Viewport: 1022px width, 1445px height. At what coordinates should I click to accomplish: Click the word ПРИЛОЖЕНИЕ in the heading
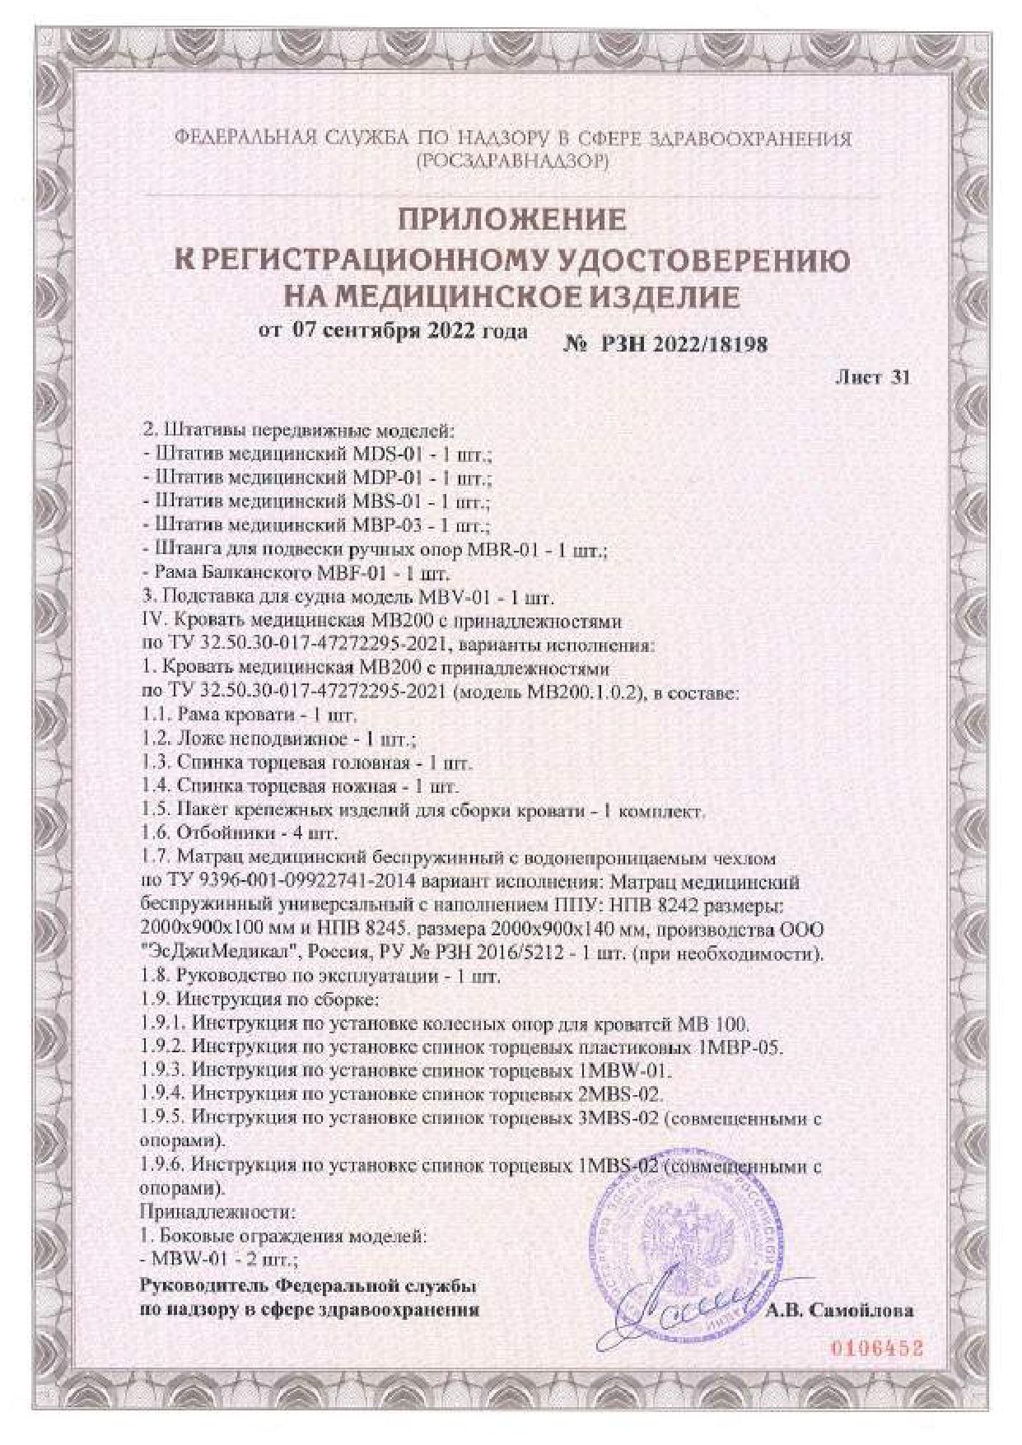(x=512, y=220)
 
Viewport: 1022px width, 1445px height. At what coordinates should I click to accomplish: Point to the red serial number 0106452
(x=875, y=1349)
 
